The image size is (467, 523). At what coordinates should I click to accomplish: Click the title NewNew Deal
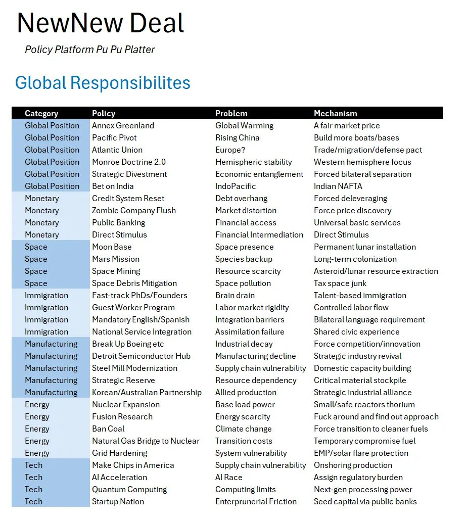point(101,23)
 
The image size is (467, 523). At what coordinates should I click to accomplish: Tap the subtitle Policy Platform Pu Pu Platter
point(89,50)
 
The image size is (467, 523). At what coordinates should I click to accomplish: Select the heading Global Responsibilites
point(103,82)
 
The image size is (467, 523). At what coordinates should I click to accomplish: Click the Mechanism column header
point(335,113)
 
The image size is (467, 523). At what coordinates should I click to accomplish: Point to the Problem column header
point(231,113)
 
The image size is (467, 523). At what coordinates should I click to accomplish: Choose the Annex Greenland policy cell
point(123,125)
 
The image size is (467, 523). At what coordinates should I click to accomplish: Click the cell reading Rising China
point(237,137)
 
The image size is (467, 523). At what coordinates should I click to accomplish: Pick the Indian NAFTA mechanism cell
point(338,186)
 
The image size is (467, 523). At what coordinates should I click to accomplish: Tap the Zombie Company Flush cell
point(134,210)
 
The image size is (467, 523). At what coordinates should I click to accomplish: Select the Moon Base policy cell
point(112,247)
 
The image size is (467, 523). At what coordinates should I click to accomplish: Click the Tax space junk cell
point(340,283)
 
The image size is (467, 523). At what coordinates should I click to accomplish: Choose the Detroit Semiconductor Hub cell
point(141,356)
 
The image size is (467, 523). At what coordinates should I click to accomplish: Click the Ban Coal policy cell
point(108,429)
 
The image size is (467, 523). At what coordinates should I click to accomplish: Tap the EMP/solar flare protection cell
point(361,453)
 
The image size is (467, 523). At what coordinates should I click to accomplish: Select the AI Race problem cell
point(228,477)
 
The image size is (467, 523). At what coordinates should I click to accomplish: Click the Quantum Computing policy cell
point(129,489)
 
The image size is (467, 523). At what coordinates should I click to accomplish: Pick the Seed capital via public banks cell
point(365,501)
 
